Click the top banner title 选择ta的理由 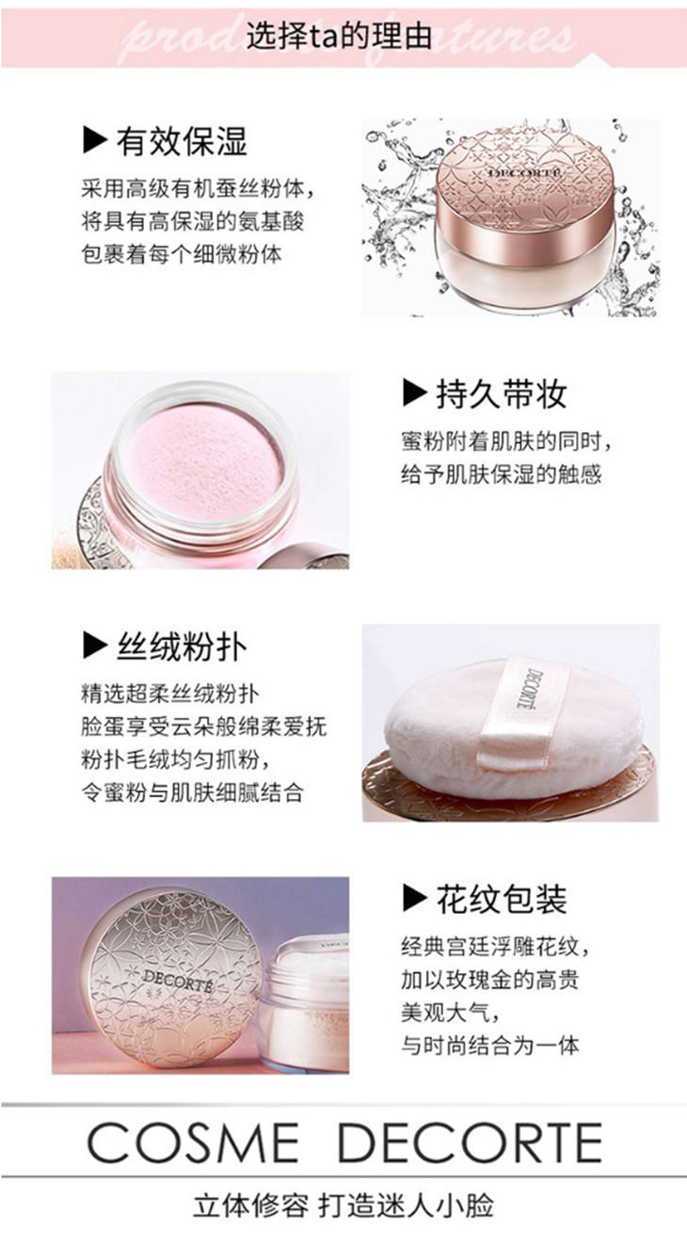(340, 38)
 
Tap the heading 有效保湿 (182, 141)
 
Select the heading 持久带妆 (501, 394)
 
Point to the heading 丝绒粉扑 (182, 647)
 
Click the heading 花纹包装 (501, 900)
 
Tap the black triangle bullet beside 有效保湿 (94, 141)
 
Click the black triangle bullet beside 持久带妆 (414, 393)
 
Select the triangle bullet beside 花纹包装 (414, 899)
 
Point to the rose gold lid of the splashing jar (527, 188)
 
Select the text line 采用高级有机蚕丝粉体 (198, 189)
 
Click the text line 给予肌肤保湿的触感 (502, 474)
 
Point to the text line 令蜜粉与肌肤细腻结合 (193, 792)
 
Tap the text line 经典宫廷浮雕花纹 (495, 947)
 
